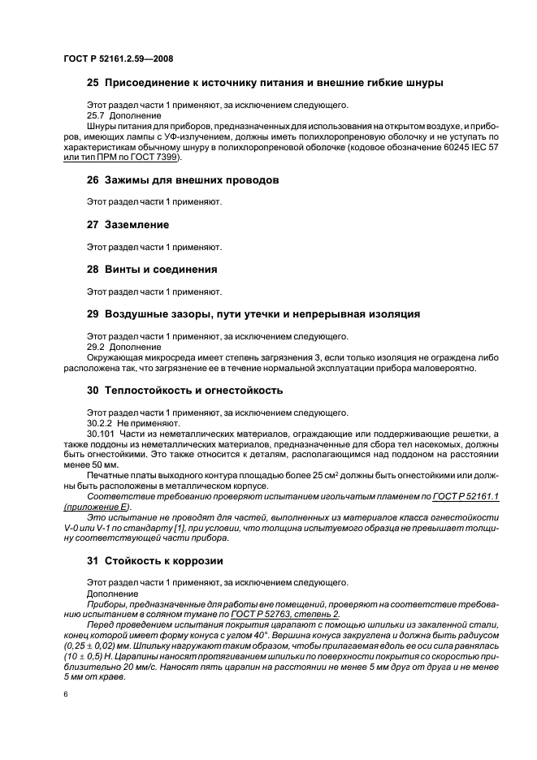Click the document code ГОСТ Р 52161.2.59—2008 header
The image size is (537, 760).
[118, 58]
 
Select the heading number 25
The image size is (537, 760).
[93, 84]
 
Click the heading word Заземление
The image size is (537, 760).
[136, 223]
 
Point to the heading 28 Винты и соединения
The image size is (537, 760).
[158, 269]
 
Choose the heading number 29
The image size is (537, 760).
[93, 314]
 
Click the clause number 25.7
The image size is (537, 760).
[96, 115]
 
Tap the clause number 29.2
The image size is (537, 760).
[96, 346]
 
